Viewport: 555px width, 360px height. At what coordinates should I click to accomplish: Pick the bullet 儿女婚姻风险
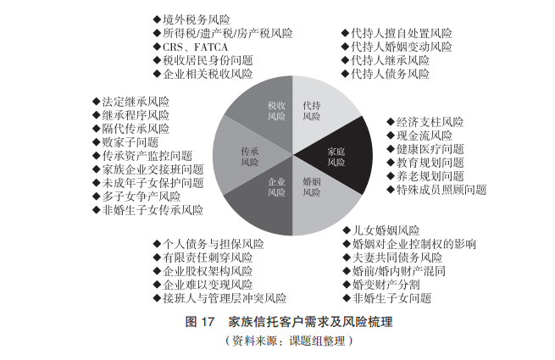pyautogui.click(x=385, y=230)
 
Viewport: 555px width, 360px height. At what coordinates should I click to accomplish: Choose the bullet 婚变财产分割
pyautogui.click(x=385, y=285)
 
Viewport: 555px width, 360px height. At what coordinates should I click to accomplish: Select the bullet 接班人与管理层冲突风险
pyautogui.click(x=223, y=298)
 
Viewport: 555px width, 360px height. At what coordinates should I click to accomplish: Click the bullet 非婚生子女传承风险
pyautogui.click(x=151, y=209)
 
